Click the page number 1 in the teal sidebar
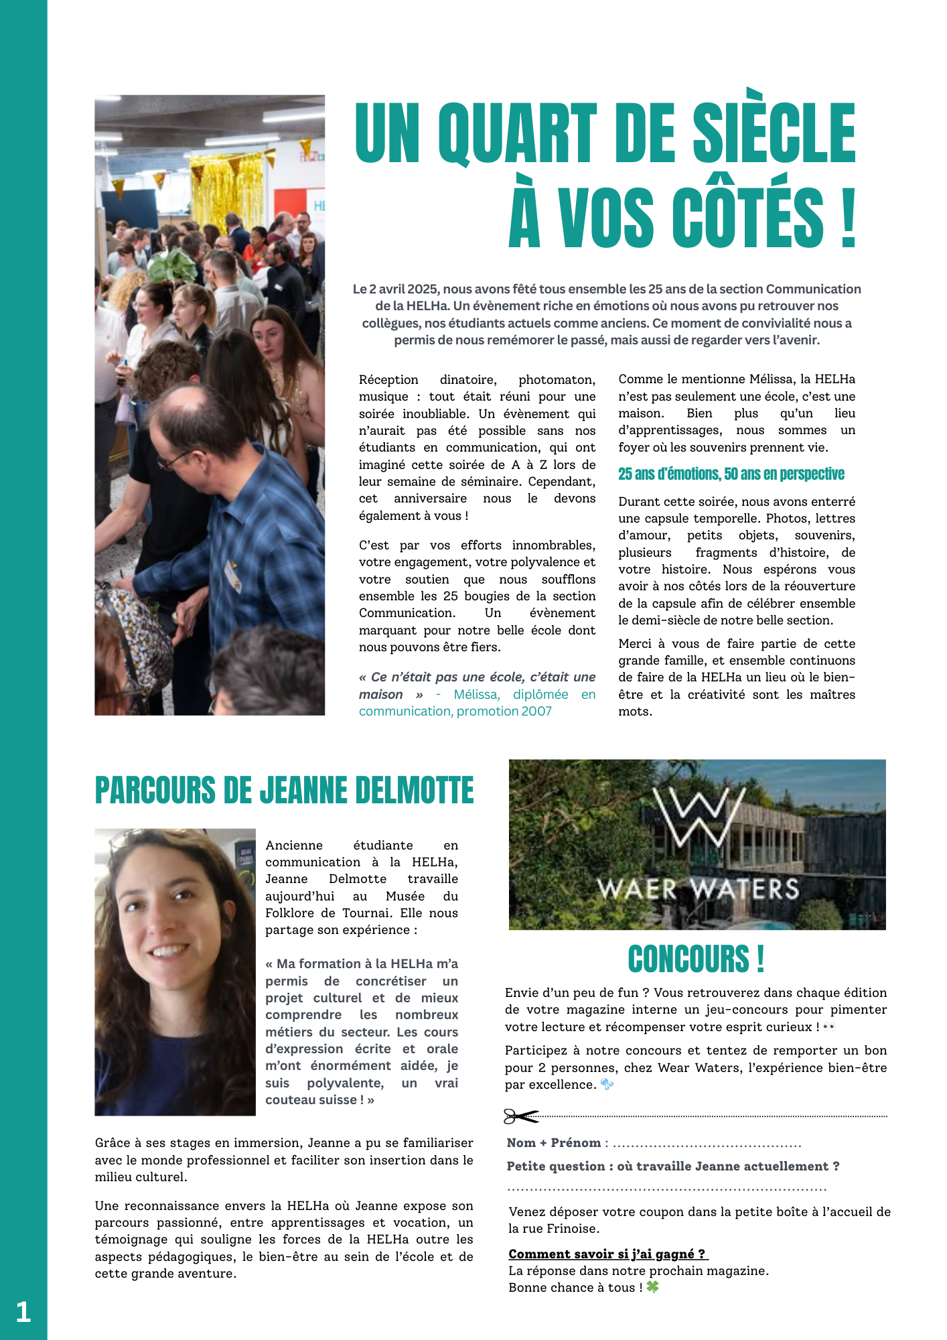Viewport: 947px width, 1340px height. pos(23,1311)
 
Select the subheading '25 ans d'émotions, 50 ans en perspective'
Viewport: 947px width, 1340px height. pos(731,474)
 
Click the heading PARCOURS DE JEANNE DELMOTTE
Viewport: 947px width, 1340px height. pos(284,791)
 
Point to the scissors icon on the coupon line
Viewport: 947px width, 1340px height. pos(520,1116)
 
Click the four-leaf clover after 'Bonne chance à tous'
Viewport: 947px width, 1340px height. pos(652,1287)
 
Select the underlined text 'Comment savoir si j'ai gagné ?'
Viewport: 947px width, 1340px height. pos(607,1254)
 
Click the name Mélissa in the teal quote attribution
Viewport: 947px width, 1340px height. pos(476,695)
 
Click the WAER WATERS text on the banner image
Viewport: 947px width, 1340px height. pos(698,889)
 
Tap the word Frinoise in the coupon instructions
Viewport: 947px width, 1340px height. pos(573,1229)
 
